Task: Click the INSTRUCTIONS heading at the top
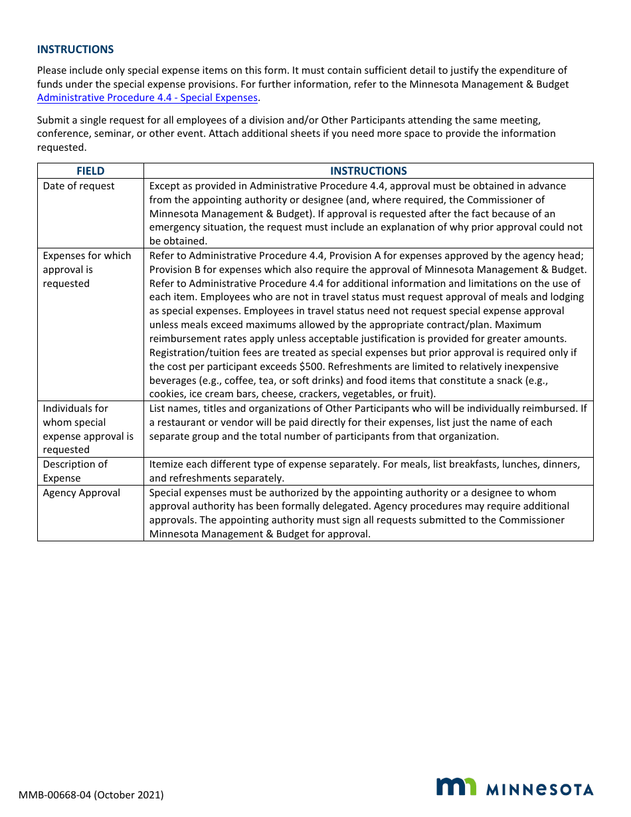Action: (x=75, y=49)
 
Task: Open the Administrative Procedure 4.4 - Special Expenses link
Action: (x=147, y=98)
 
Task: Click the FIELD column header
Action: (x=90, y=171)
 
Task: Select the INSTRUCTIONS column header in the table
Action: (x=368, y=171)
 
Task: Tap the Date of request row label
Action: (x=78, y=186)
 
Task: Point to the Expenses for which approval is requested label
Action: (x=86, y=269)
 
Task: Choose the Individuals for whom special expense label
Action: (x=88, y=428)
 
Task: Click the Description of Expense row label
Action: (x=74, y=470)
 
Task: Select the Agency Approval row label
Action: (x=81, y=493)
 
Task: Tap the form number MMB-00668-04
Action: (x=54, y=794)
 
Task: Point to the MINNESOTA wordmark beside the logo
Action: (x=540, y=789)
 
